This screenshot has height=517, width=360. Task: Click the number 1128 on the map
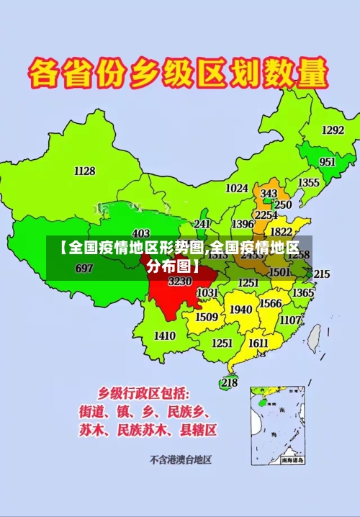click(x=84, y=171)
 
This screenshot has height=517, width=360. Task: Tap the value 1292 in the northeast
click(x=333, y=130)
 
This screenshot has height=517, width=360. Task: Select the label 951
click(x=328, y=162)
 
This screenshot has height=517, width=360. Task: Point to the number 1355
click(x=309, y=183)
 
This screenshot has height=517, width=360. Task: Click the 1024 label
click(x=237, y=188)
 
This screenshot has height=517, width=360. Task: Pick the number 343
click(x=269, y=194)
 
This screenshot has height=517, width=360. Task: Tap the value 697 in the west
click(x=84, y=269)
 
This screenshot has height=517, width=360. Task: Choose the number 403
click(x=141, y=233)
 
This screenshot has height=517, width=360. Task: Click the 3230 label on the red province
click(x=180, y=282)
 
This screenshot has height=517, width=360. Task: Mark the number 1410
click(x=165, y=336)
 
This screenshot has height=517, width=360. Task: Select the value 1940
click(x=240, y=310)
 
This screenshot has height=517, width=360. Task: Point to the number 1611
click(x=259, y=343)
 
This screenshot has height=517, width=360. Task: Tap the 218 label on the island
click(x=229, y=382)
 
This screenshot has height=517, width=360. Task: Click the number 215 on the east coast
click(x=321, y=274)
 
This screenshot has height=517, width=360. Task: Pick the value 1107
click(x=290, y=320)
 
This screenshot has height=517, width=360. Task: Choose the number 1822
click(x=281, y=232)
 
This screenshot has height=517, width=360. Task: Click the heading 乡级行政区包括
click(x=144, y=394)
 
